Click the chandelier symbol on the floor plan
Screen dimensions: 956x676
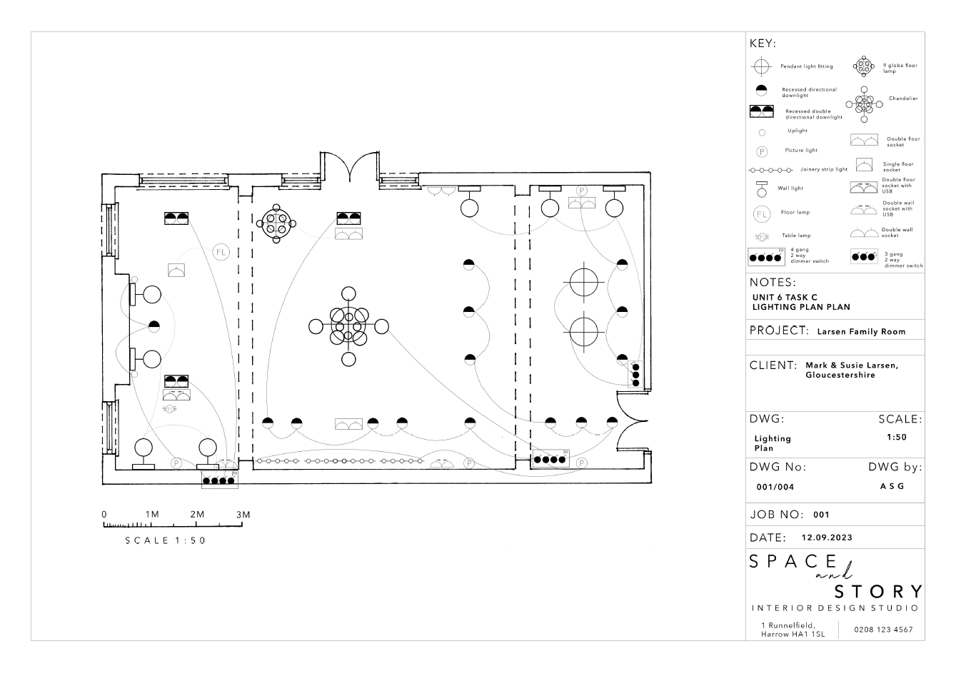tap(348, 327)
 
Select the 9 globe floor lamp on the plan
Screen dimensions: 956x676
tap(276, 223)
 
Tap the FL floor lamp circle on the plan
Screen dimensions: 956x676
tap(221, 252)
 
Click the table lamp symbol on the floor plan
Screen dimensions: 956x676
tap(169, 409)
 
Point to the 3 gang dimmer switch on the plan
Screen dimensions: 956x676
tap(635, 375)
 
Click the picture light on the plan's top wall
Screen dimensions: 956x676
tap(581, 191)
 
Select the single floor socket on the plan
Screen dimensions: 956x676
tap(176, 270)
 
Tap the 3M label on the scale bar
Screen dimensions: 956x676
tap(243, 515)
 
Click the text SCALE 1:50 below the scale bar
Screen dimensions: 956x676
tap(166, 540)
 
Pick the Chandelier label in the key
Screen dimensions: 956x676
tap(903, 99)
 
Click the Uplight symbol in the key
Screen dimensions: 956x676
tap(762, 133)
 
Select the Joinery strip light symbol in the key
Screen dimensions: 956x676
tap(771, 171)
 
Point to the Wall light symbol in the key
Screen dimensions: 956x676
tap(762, 189)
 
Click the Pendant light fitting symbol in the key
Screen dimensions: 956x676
tap(761, 66)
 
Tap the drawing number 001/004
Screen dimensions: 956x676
tap(775, 487)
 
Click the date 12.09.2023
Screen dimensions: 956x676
tap(827, 538)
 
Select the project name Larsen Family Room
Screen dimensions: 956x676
tap(861, 332)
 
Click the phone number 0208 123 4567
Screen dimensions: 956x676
tap(883, 630)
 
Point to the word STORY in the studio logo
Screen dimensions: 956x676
tap(878, 592)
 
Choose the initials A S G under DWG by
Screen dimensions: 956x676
tap(892, 486)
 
